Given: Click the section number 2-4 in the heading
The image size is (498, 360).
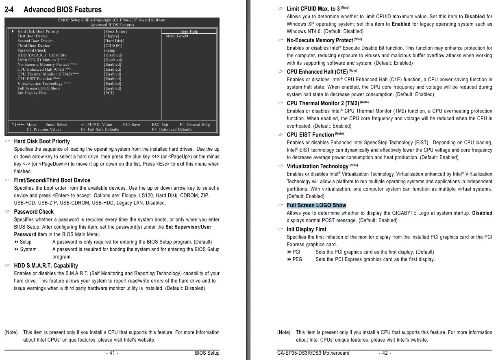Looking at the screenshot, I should [x=9, y=10].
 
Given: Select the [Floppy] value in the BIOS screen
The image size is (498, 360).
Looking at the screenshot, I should [x=111, y=36].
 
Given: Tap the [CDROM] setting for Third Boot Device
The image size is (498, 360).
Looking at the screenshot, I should [x=113, y=46].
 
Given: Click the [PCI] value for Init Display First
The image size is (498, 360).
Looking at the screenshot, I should [x=109, y=93].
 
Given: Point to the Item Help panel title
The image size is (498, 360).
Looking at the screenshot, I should [x=189, y=31].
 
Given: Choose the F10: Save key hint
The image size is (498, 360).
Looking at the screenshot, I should [x=131, y=125].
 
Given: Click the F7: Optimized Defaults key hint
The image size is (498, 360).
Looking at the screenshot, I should [x=172, y=130].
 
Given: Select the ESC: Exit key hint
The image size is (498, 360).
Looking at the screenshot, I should [x=160, y=125].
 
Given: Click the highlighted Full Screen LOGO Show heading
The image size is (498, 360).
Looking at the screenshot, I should [x=316, y=205].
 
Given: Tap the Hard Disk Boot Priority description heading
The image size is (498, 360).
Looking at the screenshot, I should [x=42, y=141].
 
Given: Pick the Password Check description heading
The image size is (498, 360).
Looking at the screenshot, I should [x=34, y=212].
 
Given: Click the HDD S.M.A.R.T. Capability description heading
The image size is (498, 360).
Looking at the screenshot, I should [x=46, y=266].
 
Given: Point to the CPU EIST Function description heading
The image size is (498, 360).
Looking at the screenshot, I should [x=310, y=134].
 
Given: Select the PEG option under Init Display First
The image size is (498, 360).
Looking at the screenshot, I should [x=297, y=259].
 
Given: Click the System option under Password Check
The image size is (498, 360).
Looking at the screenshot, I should [x=28, y=249].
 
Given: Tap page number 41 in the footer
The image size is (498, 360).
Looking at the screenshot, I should [x=112, y=353].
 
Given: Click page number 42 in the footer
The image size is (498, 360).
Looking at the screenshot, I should [x=385, y=353].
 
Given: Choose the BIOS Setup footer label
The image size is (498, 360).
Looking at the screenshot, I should [x=207, y=353].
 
